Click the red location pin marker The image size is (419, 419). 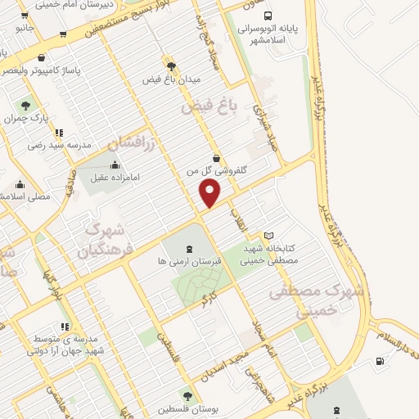pos(210,191)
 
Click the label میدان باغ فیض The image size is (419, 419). pos(170,79)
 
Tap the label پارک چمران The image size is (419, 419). pos(26,118)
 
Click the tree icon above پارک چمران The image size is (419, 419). pos(26,105)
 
